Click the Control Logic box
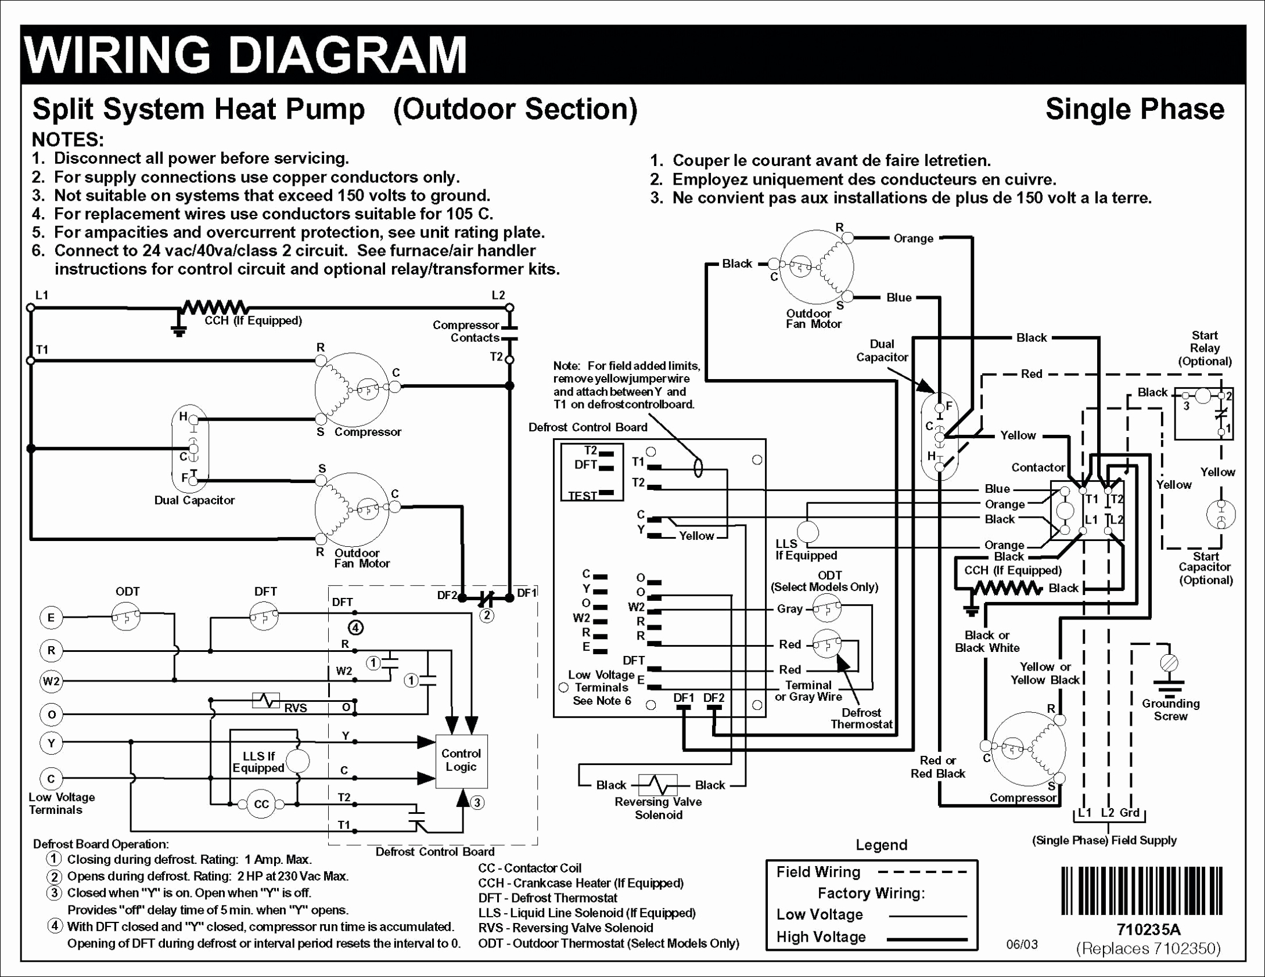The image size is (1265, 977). [461, 761]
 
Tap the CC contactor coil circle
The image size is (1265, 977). [262, 804]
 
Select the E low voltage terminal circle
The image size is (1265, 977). [51, 618]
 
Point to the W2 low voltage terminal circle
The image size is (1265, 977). [51, 680]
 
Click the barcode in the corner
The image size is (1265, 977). [1142, 892]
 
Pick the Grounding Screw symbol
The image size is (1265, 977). [1169, 663]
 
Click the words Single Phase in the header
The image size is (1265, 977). [1134, 109]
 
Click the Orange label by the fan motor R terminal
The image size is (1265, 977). [913, 239]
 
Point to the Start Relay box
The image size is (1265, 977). [1203, 413]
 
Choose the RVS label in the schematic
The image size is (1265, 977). [295, 708]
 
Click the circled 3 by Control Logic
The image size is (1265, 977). [476, 803]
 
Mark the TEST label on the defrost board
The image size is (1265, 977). [582, 496]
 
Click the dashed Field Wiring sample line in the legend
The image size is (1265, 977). [923, 872]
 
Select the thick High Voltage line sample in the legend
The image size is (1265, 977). [928, 939]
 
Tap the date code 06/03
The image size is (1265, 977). [1022, 944]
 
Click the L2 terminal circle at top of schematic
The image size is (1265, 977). [509, 308]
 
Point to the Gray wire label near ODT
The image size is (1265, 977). [789, 609]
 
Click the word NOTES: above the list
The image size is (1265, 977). [68, 140]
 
